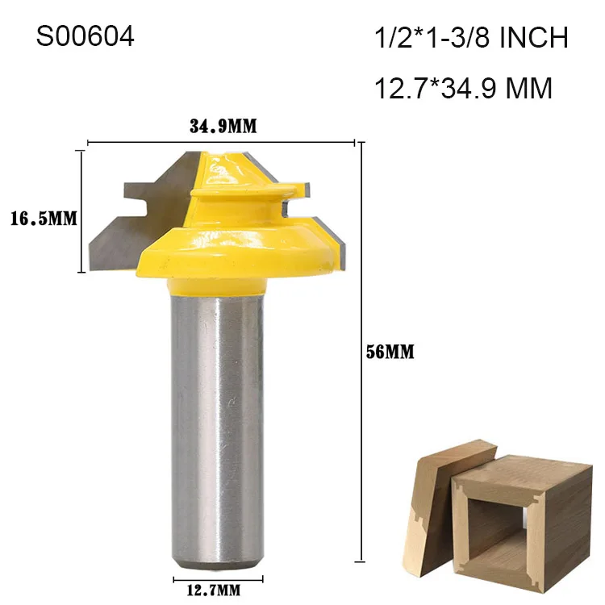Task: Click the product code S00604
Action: point(85,37)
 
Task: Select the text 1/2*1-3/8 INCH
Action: point(471,38)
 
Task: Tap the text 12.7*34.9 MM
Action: point(464,87)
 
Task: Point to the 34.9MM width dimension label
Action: point(222,127)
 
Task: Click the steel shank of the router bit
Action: point(217,419)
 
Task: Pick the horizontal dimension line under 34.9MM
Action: point(222,143)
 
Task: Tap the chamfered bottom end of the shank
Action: point(217,561)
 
